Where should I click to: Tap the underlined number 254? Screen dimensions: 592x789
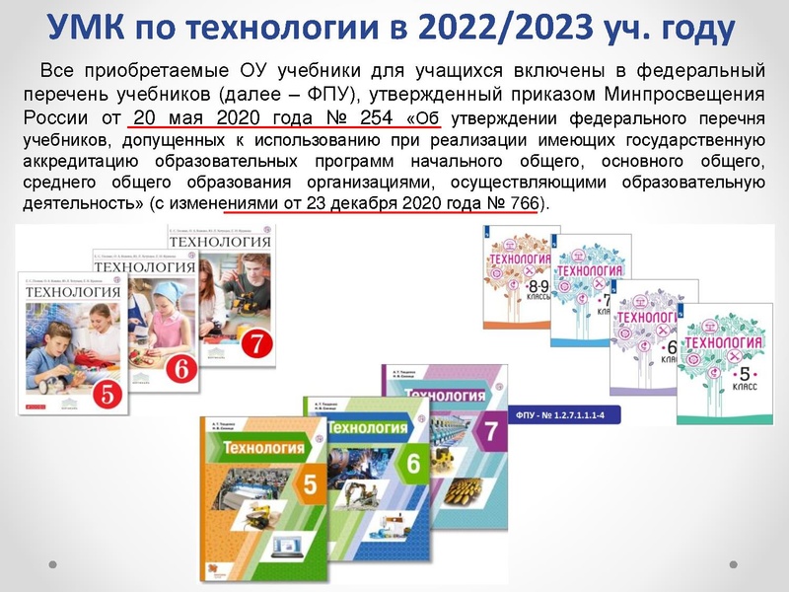click(372, 116)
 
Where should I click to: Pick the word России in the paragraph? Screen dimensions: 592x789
click(48, 116)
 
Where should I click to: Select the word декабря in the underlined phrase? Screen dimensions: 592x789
click(372, 204)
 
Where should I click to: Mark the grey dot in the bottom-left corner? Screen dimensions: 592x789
click(55, 563)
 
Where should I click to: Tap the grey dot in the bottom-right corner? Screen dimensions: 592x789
click(733, 563)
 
